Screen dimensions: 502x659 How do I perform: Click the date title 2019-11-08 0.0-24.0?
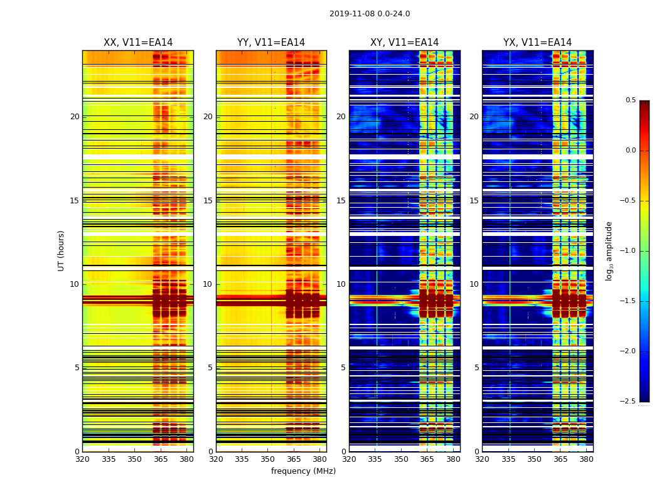coord(370,14)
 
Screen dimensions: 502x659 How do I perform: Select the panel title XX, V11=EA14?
coord(138,43)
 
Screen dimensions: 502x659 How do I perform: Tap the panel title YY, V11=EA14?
coord(271,43)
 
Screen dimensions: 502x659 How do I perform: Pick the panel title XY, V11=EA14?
coord(404,43)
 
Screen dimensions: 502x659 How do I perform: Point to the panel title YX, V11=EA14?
coord(537,43)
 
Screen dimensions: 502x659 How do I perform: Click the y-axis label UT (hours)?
coord(62,250)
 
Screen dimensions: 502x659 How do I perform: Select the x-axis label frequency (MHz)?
coord(303,471)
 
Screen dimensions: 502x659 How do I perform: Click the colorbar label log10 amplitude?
coord(609,250)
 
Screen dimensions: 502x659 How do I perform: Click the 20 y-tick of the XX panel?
coord(75,117)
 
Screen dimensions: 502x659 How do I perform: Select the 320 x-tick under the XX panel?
coord(82,459)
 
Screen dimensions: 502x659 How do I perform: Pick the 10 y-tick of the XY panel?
coord(341,284)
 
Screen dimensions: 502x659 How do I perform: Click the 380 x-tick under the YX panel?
coord(586,459)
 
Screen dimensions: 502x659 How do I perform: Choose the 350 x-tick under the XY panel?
coord(401,459)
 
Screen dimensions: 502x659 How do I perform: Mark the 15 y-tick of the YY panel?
coord(208,201)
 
